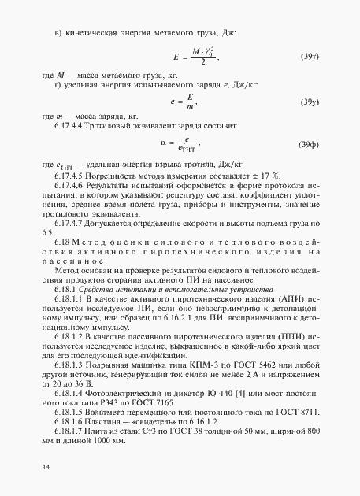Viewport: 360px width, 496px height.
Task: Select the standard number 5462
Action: click(x=253, y=365)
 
